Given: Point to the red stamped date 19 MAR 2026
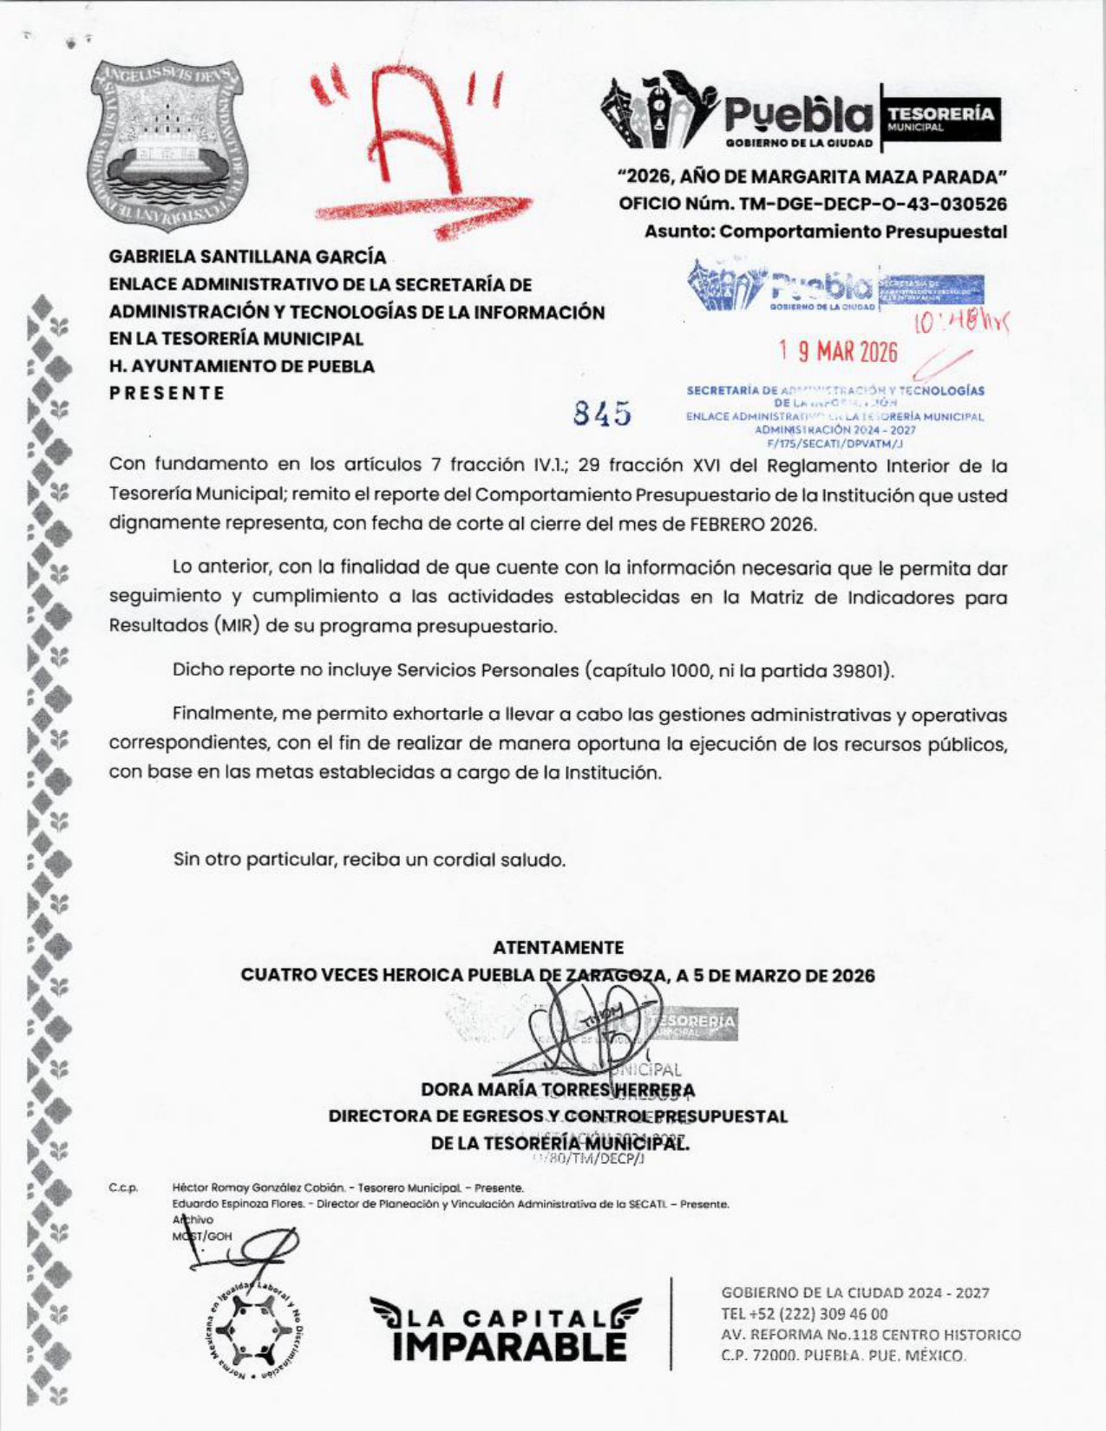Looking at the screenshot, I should coord(838,352).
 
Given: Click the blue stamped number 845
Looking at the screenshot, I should coord(602,414).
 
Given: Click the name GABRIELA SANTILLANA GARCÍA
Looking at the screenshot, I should coord(247,258).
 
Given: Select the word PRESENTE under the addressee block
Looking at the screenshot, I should coord(167,393).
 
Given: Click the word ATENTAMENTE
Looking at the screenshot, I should coord(558,947).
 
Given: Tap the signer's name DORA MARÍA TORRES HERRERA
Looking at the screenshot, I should coord(557,1089).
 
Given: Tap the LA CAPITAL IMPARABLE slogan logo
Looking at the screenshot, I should coord(506,1328).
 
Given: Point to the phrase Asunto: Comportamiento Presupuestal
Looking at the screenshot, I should coord(825,232).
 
